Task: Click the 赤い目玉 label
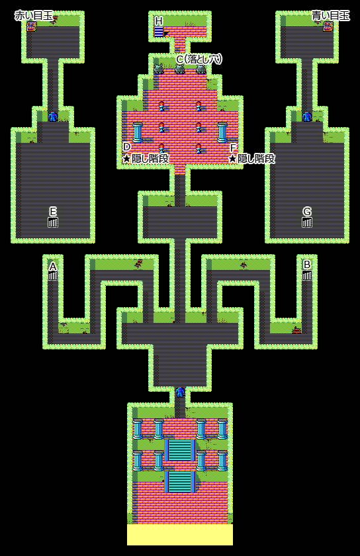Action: point(34,16)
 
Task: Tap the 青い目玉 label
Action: point(331,16)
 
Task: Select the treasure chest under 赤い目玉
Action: point(32,26)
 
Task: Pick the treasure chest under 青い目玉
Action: point(328,26)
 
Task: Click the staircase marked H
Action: point(159,32)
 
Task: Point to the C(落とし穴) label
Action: point(199,59)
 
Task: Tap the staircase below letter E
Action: point(53,222)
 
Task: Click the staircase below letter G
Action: point(307,222)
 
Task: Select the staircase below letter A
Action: point(53,275)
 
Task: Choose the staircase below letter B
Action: point(307,275)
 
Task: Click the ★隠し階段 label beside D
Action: point(146,158)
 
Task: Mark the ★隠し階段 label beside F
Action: point(252,158)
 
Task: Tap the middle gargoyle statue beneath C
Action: point(180,69)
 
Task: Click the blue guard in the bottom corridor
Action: point(180,392)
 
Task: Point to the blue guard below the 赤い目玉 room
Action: point(53,116)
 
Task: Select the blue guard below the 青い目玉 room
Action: point(307,116)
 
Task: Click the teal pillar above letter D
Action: point(138,132)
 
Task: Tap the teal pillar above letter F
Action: point(222,132)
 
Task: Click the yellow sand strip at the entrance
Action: point(180,535)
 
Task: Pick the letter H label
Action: point(159,21)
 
